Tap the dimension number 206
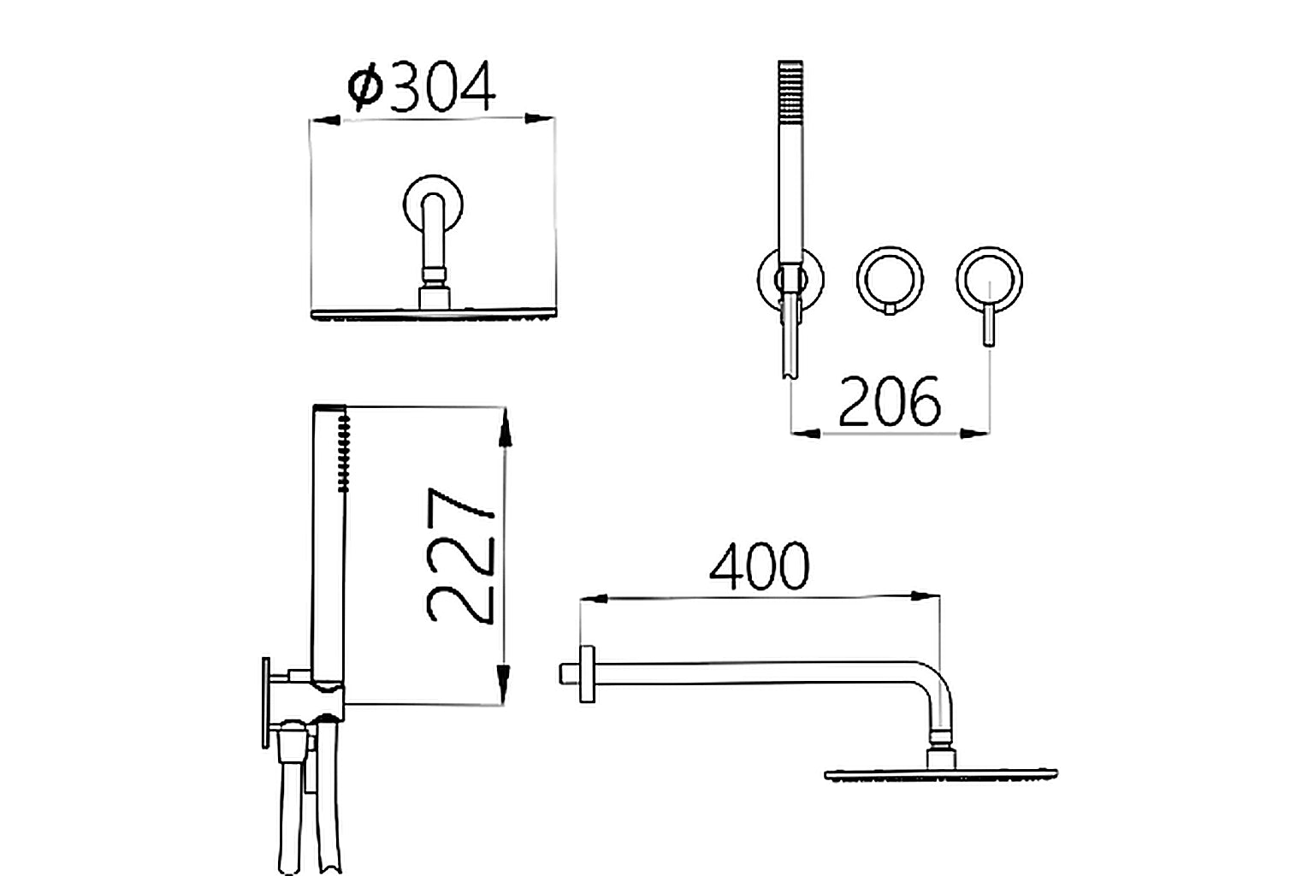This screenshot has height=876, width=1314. pyautogui.click(x=890, y=402)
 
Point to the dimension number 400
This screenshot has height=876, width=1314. pyautogui.click(x=760, y=566)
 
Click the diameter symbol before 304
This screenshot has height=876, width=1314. pyautogui.click(x=365, y=88)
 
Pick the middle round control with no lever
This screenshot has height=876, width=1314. pyautogui.click(x=891, y=279)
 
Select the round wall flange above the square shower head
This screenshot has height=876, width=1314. pyautogui.click(x=434, y=204)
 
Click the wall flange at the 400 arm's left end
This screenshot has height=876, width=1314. pyautogui.click(x=587, y=674)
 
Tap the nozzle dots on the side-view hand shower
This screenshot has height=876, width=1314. pyautogui.click(x=344, y=453)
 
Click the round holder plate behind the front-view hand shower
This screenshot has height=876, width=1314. pyautogui.click(x=765, y=279)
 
